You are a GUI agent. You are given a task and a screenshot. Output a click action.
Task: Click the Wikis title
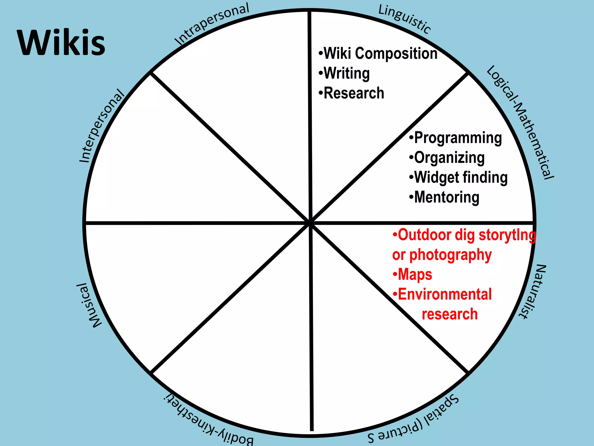pos(61,43)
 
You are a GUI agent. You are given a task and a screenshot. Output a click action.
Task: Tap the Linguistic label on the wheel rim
pos(405,19)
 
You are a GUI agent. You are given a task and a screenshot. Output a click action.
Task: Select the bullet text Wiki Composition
pos(380,54)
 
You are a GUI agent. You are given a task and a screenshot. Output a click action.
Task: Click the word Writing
pos(347,73)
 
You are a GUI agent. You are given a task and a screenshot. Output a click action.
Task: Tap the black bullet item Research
pos(354,93)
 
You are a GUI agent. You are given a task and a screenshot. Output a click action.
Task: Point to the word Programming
pos(458,138)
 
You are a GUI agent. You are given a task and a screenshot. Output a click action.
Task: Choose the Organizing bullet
pos(449,158)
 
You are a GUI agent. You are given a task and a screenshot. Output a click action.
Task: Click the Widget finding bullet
pos(461,177)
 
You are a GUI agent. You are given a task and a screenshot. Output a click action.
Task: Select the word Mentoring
pos(447,197)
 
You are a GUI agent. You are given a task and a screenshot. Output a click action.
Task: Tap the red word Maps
pos(415,274)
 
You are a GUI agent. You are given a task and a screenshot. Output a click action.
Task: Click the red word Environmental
pos(445,294)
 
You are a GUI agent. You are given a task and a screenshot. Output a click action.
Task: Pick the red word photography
pos(450,255)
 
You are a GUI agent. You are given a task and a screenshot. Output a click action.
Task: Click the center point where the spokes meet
pos(310,223)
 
